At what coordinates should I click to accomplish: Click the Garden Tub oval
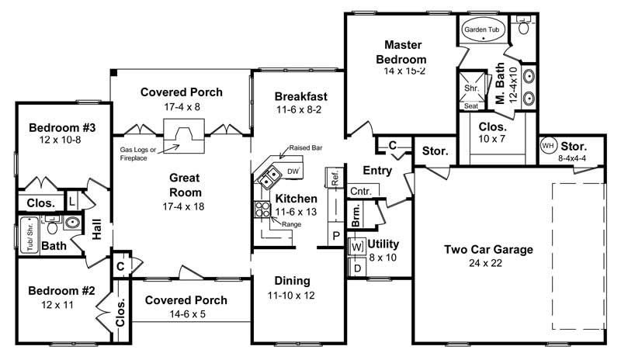click(481, 29)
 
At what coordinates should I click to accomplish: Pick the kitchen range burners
click(259, 209)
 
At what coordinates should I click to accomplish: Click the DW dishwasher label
click(293, 171)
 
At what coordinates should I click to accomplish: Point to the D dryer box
click(357, 268)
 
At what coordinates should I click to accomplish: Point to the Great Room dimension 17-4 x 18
click(185, 207)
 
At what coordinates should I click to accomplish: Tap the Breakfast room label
click(301, 96)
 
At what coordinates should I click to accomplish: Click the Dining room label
click(292, 280)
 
